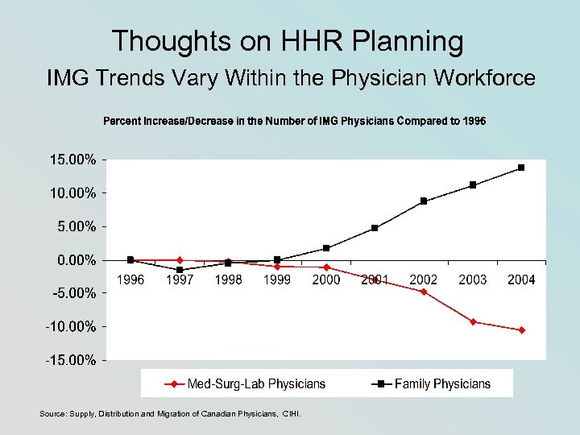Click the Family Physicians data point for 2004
[521, 168]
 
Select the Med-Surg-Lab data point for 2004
[522, 330]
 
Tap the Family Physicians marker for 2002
[424, 201]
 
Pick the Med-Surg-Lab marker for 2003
[473, 322]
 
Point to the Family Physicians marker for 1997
[180, 270]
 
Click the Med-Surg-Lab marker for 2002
[424, 292]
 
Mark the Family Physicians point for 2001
[375, 228]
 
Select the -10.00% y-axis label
[70, 326]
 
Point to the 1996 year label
[130, 280]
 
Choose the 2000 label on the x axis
[325, 280]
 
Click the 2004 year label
[521, 280]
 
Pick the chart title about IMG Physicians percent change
[295, 121]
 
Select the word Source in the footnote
[53, 414]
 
